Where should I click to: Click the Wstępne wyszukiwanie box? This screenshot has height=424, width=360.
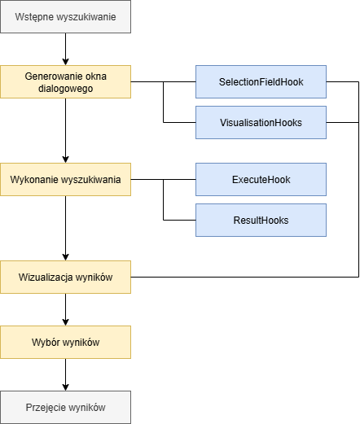point(65,17)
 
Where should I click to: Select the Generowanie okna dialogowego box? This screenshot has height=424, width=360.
point(65,81)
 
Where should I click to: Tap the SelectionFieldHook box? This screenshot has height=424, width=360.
point(261,81)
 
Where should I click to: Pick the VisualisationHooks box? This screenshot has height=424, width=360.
point(261,122)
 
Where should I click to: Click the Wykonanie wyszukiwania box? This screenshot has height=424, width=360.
point(65,179)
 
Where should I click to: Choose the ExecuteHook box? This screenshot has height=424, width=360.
point(261,179)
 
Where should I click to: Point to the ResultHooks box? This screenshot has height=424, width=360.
point(261,220)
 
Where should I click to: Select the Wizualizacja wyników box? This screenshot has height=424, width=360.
point(65,277)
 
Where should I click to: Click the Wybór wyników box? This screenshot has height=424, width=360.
point(65,342)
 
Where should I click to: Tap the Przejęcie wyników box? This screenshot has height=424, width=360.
point(65,407)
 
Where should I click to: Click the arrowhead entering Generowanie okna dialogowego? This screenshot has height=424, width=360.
point(65,62)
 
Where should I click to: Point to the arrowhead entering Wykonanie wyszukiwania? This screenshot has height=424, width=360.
point(65,160)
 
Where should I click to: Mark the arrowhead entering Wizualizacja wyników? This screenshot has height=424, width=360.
point(65,257)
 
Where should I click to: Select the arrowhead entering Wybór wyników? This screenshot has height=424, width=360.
point(65,322)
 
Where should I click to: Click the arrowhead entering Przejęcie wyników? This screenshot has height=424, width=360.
point(65,387)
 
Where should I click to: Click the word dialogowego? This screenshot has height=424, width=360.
point(65,89)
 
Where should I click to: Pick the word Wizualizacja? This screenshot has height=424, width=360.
point(46,278)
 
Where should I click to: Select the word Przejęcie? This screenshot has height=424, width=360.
point(45,408)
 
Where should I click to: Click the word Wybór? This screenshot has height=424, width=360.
point(46,343)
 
